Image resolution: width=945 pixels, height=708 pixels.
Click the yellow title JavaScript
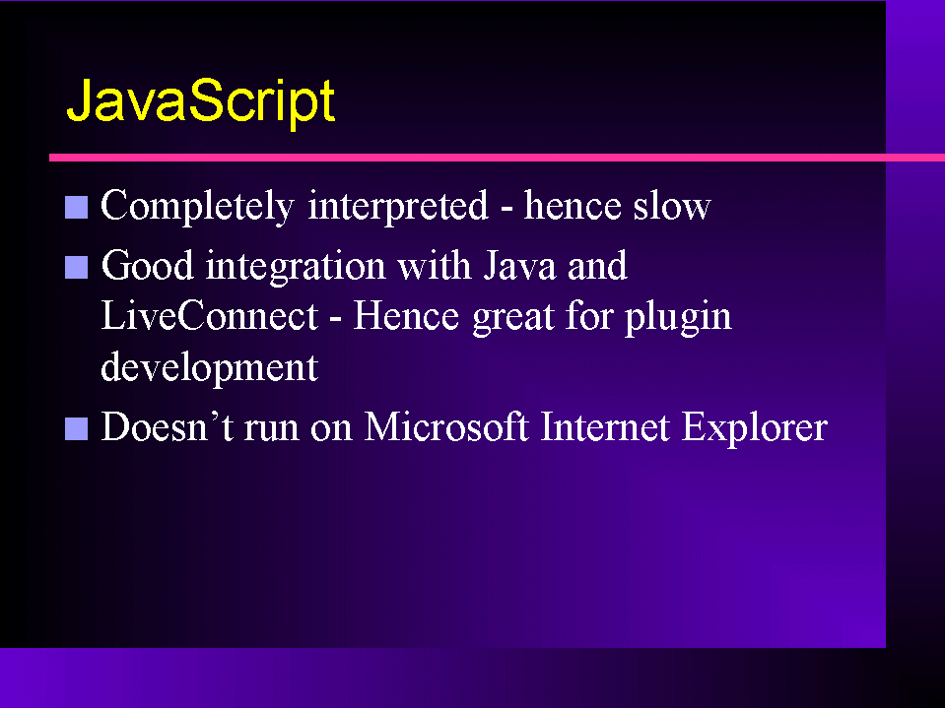point(201,102)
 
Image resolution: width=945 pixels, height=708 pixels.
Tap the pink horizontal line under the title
point(498,158)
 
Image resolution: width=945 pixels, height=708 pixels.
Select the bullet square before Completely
point(77,207)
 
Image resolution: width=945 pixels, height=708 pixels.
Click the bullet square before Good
point(77,267)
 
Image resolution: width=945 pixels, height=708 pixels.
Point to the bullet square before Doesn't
point(77,428)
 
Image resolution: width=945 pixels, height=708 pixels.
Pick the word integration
point(296,267)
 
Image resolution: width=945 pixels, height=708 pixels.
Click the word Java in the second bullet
point(519,266)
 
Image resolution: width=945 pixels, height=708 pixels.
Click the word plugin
point(678,318)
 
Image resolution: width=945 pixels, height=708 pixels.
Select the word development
point(210,368)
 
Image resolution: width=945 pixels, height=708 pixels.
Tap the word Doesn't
point(168,426)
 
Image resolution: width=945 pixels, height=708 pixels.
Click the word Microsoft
point(446,426)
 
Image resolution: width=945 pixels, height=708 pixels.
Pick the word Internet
point(605,426)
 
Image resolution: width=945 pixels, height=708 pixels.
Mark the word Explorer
point(755,428)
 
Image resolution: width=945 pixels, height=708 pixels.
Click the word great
point(512,319)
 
